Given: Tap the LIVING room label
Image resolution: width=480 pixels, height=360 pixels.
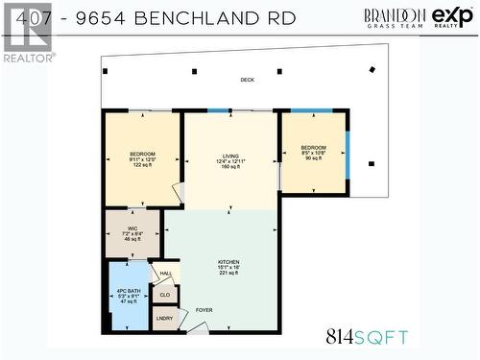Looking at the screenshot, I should click(229, 154).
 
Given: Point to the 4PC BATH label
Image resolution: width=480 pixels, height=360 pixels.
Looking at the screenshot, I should click(128, 289).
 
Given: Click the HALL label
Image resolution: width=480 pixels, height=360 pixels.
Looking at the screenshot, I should click(165, 275).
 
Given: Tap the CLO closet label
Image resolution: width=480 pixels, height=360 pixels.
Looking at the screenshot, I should click(165, 296).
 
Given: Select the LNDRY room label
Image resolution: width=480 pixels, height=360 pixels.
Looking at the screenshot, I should click(165, 318).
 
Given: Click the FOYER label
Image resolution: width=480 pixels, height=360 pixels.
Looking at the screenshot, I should click(204, 310).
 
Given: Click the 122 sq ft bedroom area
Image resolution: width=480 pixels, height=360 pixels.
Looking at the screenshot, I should click(142, 166).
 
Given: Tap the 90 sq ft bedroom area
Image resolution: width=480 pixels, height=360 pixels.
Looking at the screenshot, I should click(313, 159).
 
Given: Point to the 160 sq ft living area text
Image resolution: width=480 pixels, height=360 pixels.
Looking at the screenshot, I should click(229, 166).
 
